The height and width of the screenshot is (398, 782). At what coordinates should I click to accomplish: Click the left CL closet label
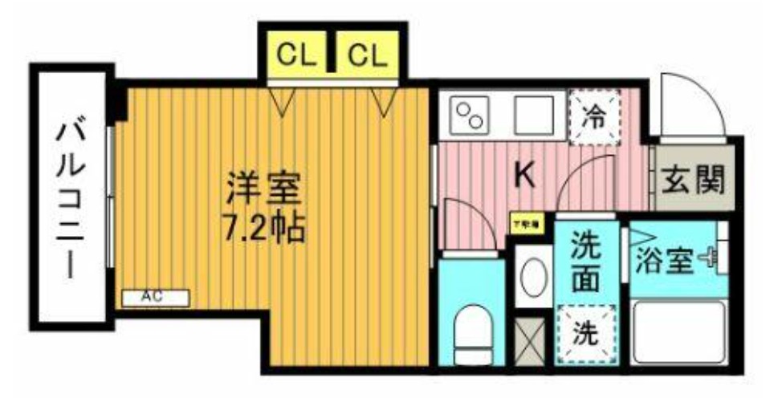[296, 55]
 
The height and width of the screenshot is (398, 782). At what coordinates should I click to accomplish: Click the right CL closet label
[367, 55]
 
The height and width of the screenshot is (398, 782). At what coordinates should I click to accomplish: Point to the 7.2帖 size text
[263, 228]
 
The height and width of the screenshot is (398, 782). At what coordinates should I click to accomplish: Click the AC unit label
[154, 298]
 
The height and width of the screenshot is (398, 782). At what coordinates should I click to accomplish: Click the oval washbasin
[532, 278]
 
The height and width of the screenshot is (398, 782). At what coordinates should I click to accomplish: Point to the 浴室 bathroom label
[664, 261]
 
